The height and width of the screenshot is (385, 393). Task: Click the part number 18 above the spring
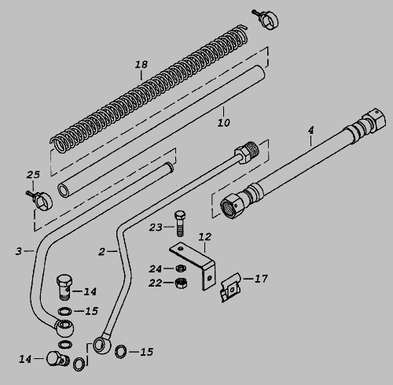click(x=141, y=65)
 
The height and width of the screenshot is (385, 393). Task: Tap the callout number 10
click(x=224, y=123)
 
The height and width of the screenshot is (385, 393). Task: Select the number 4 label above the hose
click(x=310, y=130)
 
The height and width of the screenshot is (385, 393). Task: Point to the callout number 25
click(x=33, y=175)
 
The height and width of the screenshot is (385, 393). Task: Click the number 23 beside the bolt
click(x=156, y=228)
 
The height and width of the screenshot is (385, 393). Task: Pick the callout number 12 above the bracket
click(x=205, y=237)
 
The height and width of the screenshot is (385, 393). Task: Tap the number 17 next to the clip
click(x=261, y=279)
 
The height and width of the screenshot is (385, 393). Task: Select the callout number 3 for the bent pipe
click(x=18, y=251)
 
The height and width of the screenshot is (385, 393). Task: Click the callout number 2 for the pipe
click(x=101, y=252)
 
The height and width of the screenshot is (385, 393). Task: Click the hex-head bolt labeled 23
click(x=180, y=223)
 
